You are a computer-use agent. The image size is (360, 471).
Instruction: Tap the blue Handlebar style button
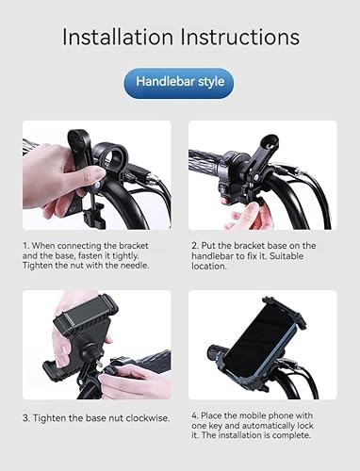click(179, 82)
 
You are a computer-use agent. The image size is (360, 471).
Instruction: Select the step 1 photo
click(97, 174)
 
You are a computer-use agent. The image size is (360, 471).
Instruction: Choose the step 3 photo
click(97, 345)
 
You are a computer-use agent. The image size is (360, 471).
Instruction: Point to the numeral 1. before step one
click(25, 244)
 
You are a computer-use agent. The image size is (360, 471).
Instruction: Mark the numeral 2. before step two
click(193, 244)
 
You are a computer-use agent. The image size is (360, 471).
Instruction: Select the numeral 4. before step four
click(194, 414)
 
